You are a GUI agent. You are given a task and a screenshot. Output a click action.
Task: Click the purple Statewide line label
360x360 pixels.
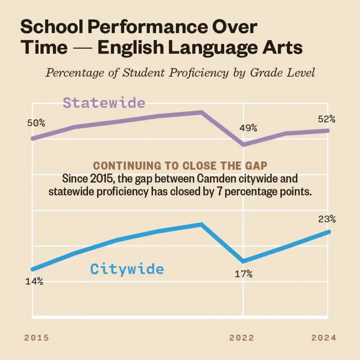(104, 103)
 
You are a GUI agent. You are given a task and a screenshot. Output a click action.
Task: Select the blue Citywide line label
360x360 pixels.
(127, 269)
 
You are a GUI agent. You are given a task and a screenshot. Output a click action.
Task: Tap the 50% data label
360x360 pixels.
(36, 123)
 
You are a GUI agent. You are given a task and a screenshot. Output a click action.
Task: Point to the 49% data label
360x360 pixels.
(248, 128)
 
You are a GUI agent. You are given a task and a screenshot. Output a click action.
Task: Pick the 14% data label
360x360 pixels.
(34, 281)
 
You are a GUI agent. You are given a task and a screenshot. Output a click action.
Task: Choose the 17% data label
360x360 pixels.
(243, 274)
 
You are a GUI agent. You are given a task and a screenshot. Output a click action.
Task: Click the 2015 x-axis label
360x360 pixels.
(36, 338)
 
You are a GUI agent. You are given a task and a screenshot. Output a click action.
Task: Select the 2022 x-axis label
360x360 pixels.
(242, 338)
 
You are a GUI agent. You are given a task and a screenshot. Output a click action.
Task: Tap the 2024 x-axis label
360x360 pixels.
(324, 338)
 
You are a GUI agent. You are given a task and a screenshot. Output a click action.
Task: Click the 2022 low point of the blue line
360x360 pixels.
(243, 261)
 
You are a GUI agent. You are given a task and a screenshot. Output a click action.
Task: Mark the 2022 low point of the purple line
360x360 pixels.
(243, 144)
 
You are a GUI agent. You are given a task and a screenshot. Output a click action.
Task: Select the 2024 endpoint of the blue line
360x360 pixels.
(329, 232)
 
